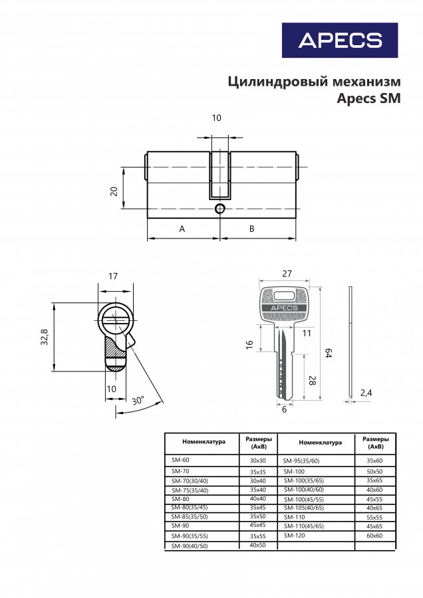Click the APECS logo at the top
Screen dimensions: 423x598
(340, 40)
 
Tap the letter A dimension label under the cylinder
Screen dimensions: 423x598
(182, 229)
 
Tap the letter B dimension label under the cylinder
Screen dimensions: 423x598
(251, 229)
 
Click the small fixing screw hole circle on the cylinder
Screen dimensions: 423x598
(219, 209)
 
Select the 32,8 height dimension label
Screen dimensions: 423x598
(45, 337)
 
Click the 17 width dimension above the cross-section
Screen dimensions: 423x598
(113, 276)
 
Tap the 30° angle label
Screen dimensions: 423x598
(138, 401)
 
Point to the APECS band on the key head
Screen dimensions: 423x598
(285, 308)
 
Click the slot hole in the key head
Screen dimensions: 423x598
(284, 296)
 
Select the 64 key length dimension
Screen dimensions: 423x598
(328, 353)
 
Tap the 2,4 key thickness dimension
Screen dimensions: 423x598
(366, 393)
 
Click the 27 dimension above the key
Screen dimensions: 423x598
(287, 274)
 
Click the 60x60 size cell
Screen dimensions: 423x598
(374, 536)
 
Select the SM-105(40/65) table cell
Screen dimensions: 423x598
(304, 508)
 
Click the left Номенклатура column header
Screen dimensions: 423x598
(204, 442)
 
